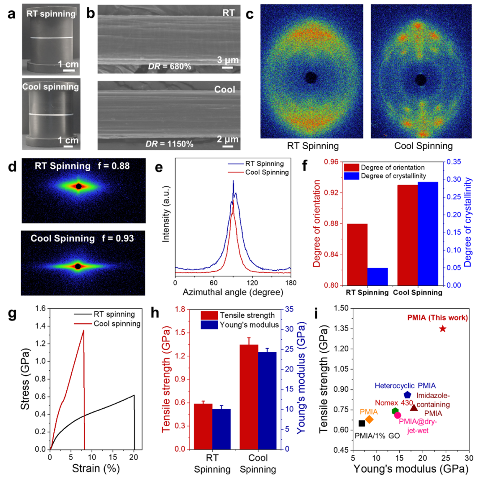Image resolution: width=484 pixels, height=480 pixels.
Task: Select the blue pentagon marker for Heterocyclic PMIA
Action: pyautogui.click(x=407, y=395)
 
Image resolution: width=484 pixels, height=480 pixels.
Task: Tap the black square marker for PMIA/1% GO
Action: pyautogui.click(x=362, y=423)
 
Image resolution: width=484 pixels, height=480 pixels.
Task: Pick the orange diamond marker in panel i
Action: pyautogui.click(x=369, y=419)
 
